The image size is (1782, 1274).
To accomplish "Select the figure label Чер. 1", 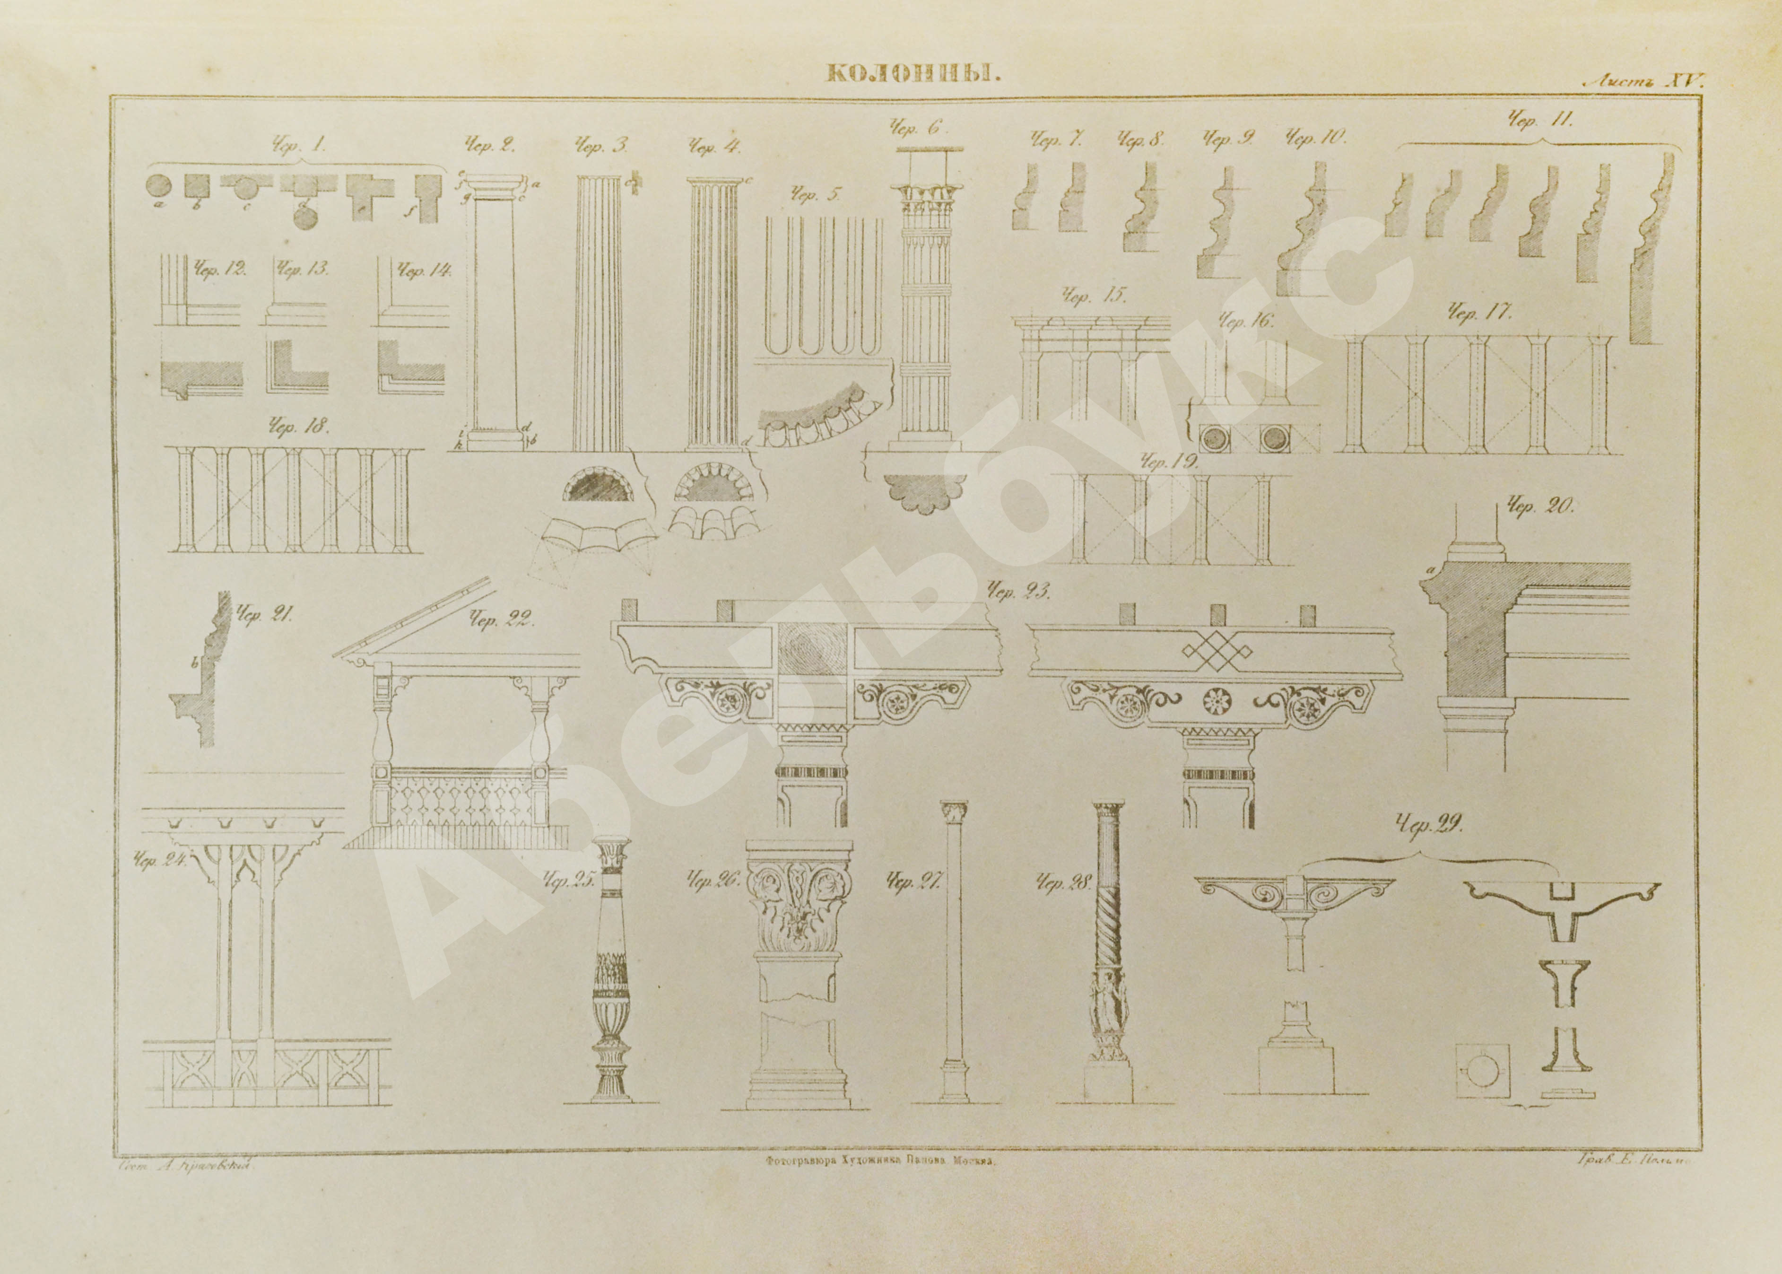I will pos(298,145).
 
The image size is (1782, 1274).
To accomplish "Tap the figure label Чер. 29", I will pos(1429,825).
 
